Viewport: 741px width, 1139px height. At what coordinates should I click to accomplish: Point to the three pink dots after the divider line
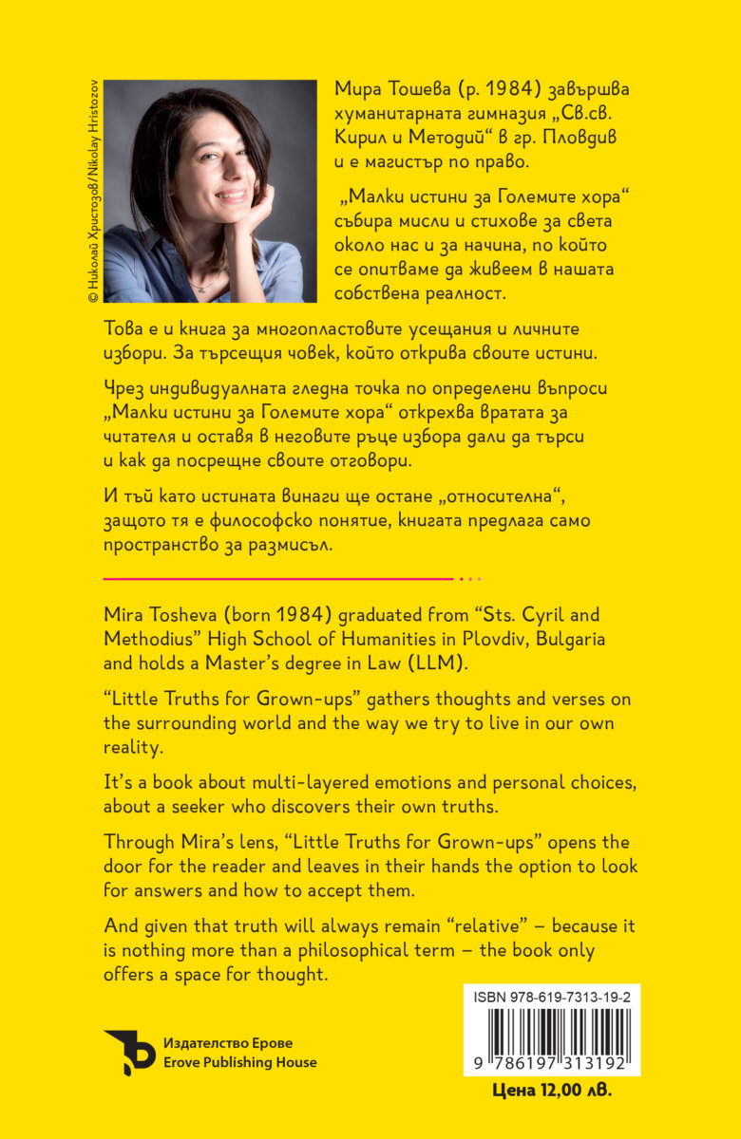tap(470, 578)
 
